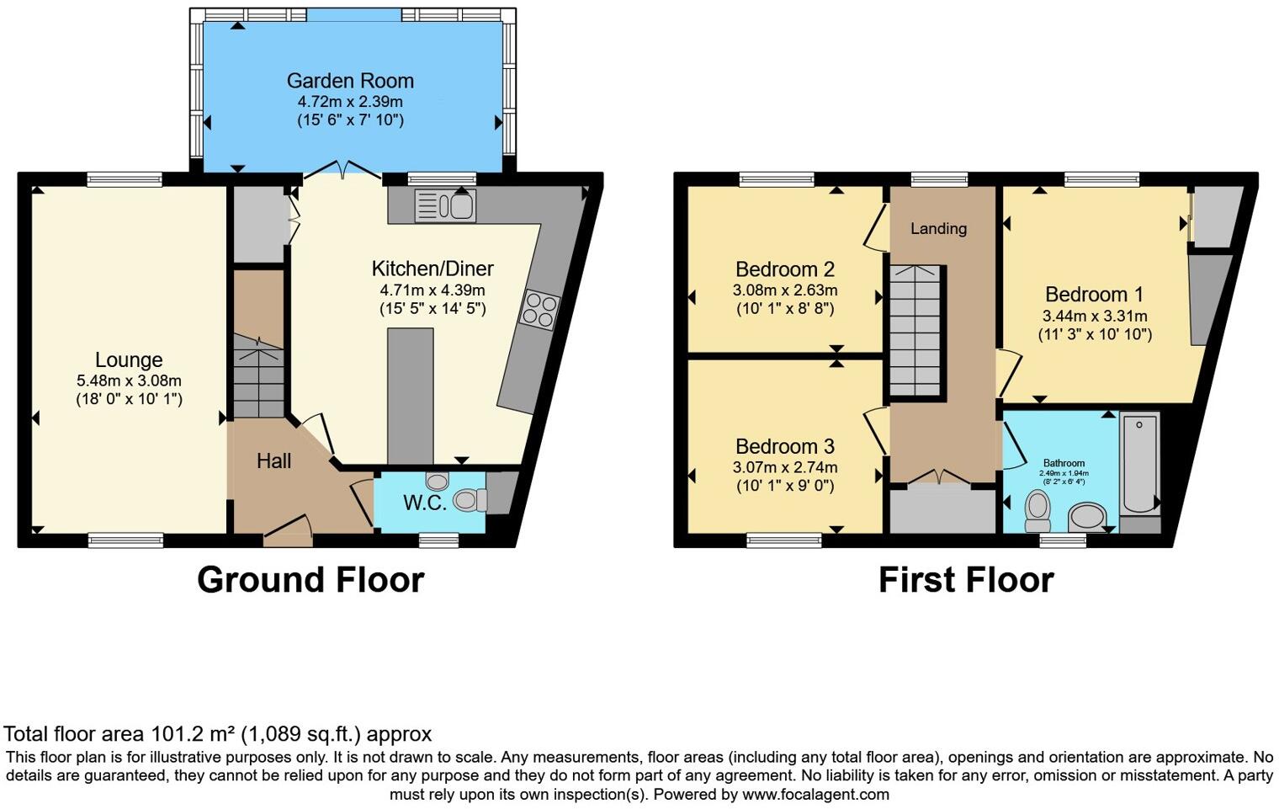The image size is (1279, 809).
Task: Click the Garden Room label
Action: (x=350, y=81)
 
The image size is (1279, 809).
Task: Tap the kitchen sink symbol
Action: (x=445, y=206)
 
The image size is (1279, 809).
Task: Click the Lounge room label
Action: (x=129, y=360)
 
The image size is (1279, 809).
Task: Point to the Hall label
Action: (x=273, y=460)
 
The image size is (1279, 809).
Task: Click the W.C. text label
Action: (x=424, y=503)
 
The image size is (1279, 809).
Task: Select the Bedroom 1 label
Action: (x=1094, y=295)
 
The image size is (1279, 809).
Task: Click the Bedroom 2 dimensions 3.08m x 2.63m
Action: (x=784, y=290)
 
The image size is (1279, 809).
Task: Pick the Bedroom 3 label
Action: (x=784, y=447)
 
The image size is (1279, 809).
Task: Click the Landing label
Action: (x=938, y=228)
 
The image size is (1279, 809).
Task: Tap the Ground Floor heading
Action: (x=310, y=580)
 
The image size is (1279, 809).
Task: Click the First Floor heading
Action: (x=965, y=580)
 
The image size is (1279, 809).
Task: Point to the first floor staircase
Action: (x=915, y=328)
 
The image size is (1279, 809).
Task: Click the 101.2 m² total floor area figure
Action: (x=194, y=734)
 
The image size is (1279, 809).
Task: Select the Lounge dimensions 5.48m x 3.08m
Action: (x=129, y=381)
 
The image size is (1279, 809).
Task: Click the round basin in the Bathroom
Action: (x=1087, y=516)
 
